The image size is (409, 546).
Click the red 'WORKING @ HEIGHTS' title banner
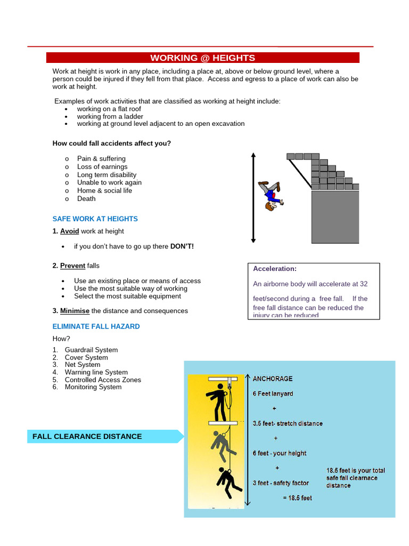pos(202,58)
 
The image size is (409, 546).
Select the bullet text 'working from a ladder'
pos(110,116)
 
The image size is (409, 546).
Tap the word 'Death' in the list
pos(86,199)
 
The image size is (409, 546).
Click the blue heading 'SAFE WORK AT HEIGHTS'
pos(95,219)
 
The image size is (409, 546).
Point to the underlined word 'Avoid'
pos(69,231)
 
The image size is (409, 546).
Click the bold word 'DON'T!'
pos(182,247)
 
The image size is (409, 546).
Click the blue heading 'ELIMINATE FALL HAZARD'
pos(96,326)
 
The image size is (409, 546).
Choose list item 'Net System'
pos(83,365)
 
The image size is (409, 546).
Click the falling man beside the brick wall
pos(271,195)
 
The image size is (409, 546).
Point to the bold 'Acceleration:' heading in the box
pos(275,269)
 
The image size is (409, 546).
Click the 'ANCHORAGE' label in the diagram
pos(273,379)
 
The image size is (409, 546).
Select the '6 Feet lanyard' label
pos(273,394)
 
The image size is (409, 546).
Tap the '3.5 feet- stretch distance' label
pos(288,423)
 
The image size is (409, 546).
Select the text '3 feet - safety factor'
pos(281,483)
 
